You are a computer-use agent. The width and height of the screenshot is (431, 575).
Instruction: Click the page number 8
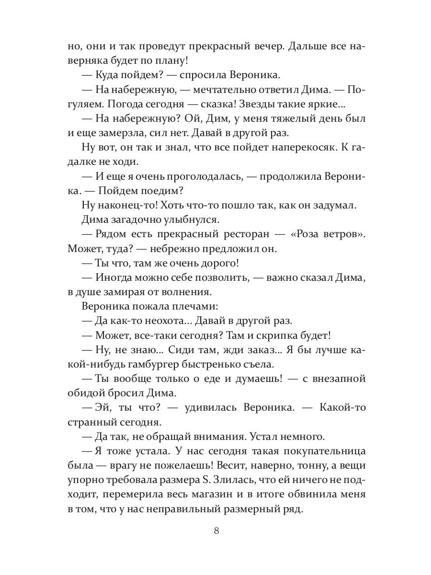217,530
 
